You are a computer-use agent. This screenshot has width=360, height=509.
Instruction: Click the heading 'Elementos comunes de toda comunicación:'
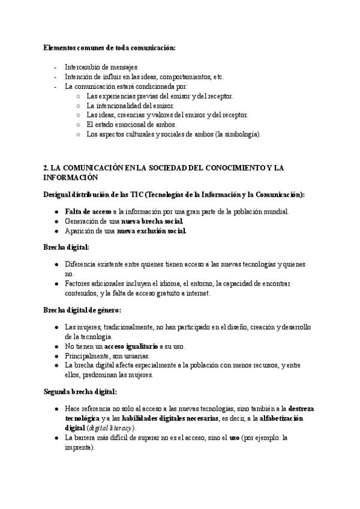coord(109,48)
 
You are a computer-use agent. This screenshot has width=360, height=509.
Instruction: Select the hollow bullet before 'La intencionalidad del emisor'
coord(78,106)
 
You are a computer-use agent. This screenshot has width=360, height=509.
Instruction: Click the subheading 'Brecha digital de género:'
coord(82,310)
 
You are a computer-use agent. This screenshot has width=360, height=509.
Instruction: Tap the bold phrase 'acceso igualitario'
coord(131,346)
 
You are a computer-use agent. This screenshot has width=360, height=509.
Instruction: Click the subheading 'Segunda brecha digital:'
coord(80,391)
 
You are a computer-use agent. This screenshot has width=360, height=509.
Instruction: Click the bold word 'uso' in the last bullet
coord(235,438)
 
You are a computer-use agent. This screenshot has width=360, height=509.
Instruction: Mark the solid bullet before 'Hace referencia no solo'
coord(56,409)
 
